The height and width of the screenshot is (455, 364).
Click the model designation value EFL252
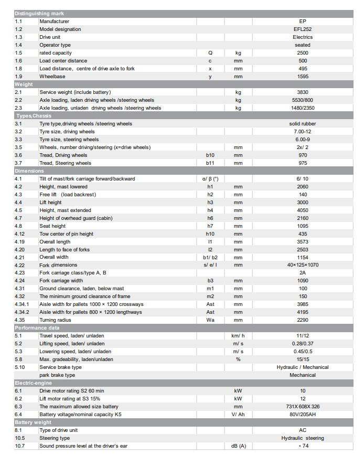[x=302, y=29]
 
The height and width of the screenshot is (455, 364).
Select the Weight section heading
[x=24, y=84]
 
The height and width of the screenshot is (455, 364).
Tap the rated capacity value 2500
[x=302, y=53]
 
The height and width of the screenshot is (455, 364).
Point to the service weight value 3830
[x=302, y=92]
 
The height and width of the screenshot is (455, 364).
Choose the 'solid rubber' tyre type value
[x=302, y=124]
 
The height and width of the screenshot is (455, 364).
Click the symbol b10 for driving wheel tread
[x=210, y=155]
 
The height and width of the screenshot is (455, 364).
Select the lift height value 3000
[x=302, y=203]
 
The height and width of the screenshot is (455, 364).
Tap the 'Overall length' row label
[x=55, y=242]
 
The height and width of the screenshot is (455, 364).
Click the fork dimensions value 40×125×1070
[x=302, y=265]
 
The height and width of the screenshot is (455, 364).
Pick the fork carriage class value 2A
[x=302, y=273]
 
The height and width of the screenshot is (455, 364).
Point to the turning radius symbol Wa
[x=210, y=320]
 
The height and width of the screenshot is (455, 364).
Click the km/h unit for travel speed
[x=238, y=336]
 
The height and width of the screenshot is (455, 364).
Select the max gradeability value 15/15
[x=302, y=359]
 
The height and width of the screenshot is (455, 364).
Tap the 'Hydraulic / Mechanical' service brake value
[x=302, y=367]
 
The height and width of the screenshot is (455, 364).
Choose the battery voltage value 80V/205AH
[x=302, y=415]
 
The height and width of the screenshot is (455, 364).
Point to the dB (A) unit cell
[x=238, y=446]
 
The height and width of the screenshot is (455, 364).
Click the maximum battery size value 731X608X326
[x=302, y=407]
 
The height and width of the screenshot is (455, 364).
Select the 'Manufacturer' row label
[x=54, y=22]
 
